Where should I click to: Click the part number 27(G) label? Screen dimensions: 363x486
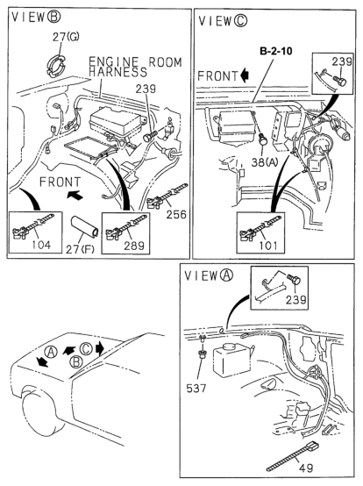click(66, 37)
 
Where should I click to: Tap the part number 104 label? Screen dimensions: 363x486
click(41, 245)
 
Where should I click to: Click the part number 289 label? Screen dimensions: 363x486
click(134, 246)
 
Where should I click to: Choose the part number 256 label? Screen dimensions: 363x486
click(176, 214)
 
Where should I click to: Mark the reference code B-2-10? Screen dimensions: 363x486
click(275, 51)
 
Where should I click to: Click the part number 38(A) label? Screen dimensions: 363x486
click(265, 161)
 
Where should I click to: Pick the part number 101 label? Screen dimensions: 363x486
click(268, 246)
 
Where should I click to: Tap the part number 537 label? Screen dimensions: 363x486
click(196, 388)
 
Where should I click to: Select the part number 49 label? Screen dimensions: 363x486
click(306, 468)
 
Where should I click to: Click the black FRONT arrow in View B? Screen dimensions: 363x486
click(75, 196)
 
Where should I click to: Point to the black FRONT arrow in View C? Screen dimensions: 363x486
click(245, 76)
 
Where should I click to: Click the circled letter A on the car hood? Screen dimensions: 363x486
click(51, 353)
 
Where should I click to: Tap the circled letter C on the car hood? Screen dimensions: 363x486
click(86, 348)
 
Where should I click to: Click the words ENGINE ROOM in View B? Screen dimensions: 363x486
click(135, 61)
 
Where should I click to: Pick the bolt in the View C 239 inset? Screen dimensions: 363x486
click(340, 81)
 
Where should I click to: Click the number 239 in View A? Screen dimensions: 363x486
click(295, 300)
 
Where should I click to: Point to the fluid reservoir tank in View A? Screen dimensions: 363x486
click(231, 360)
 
